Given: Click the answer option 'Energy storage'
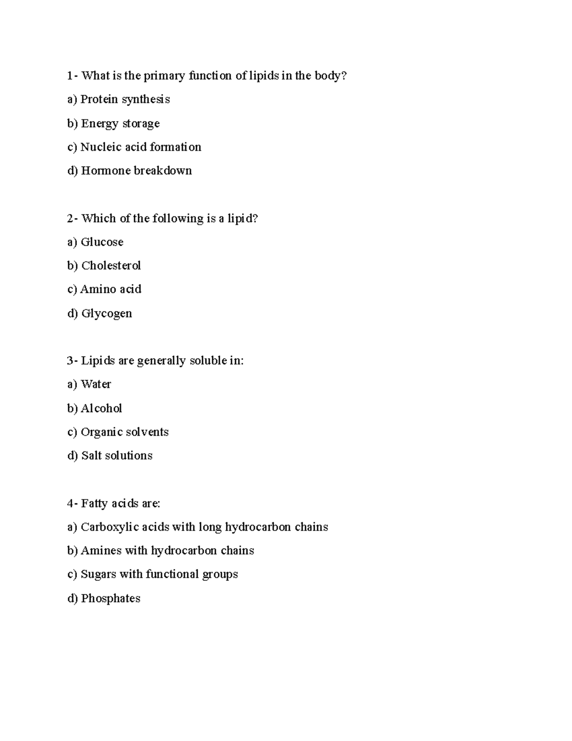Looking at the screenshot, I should click(120, 124).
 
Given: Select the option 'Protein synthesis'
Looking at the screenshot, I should click(125, 100).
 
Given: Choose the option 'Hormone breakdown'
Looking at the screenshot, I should click(136, 171).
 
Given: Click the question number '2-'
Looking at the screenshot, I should click(72, 219).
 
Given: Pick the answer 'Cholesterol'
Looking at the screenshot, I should click(111, 266).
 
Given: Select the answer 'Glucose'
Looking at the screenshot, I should click(102, 242).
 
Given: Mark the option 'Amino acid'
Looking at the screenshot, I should click(111, 289).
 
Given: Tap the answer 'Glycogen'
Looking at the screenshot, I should click(106, 313).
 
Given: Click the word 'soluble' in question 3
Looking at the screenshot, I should click(207, 361).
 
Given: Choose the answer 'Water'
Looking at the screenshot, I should click(96, 385).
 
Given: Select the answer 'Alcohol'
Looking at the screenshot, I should click(101, 408).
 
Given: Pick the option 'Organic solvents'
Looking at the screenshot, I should click(124, 432).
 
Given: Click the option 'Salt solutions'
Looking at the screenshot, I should click(117, 456).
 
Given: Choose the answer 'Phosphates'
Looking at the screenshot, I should click(111, 598).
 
